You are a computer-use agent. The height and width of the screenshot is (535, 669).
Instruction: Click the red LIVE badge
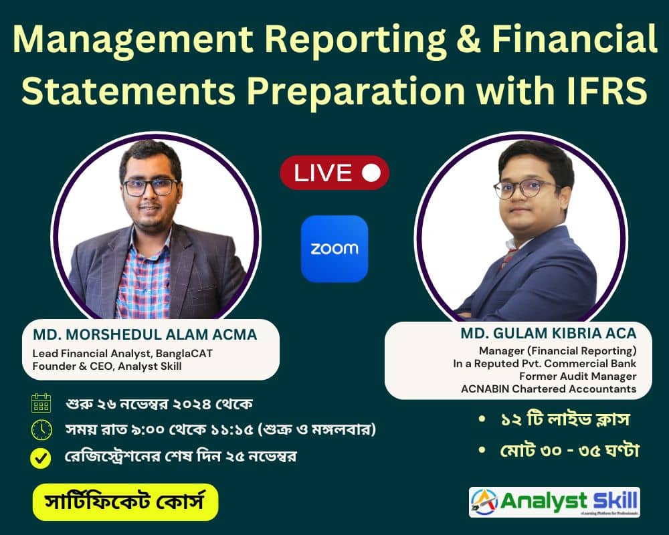click(x=334, y=173)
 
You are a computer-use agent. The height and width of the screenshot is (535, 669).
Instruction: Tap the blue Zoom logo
click(x=334, y=249)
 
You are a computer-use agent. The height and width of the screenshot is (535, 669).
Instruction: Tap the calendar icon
click(x=41, y=403)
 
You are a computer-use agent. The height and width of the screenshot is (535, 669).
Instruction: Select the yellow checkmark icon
click(x=41, y=458)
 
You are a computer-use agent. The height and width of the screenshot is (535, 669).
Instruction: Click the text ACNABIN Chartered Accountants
click(x=549, y=389)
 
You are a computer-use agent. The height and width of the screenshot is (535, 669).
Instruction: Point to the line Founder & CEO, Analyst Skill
click(x=108, y=366)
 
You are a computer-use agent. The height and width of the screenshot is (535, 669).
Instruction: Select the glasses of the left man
click(x=151, y=187)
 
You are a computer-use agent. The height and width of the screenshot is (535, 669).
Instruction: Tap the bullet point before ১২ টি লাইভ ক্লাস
click(x=482, y=421)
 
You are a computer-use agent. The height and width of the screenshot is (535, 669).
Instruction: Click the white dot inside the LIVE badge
click(x=370, y=173)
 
